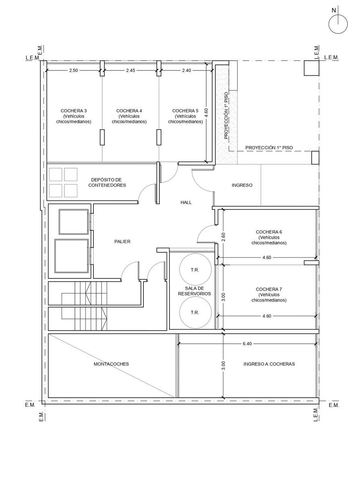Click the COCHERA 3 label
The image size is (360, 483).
click(x=74, y=111)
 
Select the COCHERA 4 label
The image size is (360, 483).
click(x=129, y=111)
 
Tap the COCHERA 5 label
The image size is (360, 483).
click(x=185, y=111)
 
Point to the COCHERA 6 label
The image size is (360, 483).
click(x=269, y=232)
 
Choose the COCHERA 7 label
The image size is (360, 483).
click(x=269, y=289)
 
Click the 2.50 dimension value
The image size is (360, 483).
click(x=74, y=70)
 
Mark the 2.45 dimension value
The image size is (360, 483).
click(x=130, y=70)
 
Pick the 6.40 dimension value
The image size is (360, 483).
click(x=247, y=344)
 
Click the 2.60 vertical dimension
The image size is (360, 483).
click(x=223, y=237)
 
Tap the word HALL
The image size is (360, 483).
click(x=186, y=202)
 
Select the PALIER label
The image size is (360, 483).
click(x=122, y=242)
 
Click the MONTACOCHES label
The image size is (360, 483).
click(x=111, y=364)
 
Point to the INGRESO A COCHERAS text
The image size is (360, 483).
click(x=269, y=364)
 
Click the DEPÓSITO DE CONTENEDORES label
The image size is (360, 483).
click(x=107, y=182)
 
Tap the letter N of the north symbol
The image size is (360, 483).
click(x=333, y=10)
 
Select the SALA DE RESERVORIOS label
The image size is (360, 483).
click(x=194, y=291)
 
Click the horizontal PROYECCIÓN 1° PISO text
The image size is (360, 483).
click(x=269, y=148)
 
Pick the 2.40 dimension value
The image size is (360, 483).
click(x=186, y=70)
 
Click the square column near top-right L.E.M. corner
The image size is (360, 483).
click(x=312, y=68)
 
